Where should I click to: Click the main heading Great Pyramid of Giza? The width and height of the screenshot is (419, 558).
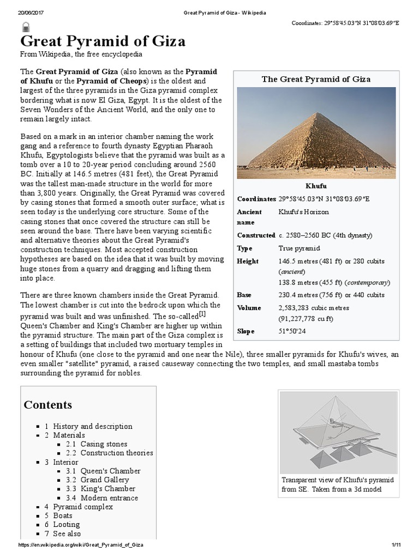(x=103, y=41)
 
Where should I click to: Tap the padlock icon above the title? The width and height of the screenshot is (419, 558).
(x=25, y=27)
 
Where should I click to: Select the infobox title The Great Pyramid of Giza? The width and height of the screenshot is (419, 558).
(x=316, y=79)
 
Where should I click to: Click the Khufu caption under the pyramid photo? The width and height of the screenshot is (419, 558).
(x=316, y=186)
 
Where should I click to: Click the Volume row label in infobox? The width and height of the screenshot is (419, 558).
(x=250, y=308)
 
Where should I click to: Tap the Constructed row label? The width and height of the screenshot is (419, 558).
(x=256, y=235)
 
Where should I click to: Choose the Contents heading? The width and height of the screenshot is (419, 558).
(x=48, y=404)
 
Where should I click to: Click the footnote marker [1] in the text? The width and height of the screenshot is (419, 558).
(x=202, y=314)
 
